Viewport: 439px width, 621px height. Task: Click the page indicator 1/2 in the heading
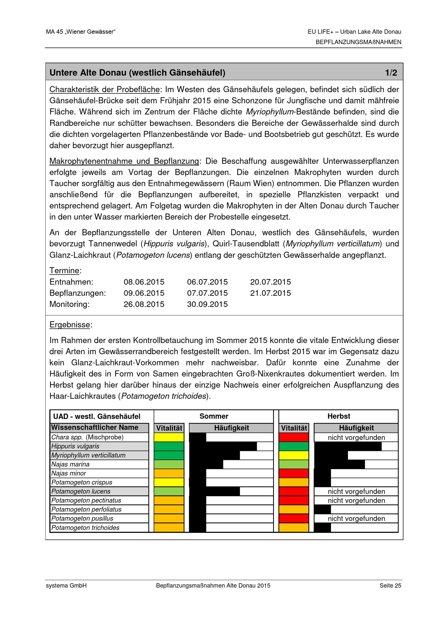[x=391, y=72]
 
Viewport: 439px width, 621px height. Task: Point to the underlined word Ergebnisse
[x=70, y=325]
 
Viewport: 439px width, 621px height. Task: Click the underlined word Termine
[x=64, y=271]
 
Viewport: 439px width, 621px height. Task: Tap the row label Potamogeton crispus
[x=82, y=482]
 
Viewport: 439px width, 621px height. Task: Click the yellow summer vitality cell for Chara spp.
[x=169, y=437]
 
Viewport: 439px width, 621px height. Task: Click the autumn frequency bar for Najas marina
[x=340, y=464]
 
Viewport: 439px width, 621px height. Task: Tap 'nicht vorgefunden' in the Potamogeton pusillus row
[x=356, y=518]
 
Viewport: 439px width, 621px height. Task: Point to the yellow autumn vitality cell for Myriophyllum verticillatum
[x=293, y=455]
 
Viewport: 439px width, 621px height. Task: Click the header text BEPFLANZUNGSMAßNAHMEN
[x=358, y=42]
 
